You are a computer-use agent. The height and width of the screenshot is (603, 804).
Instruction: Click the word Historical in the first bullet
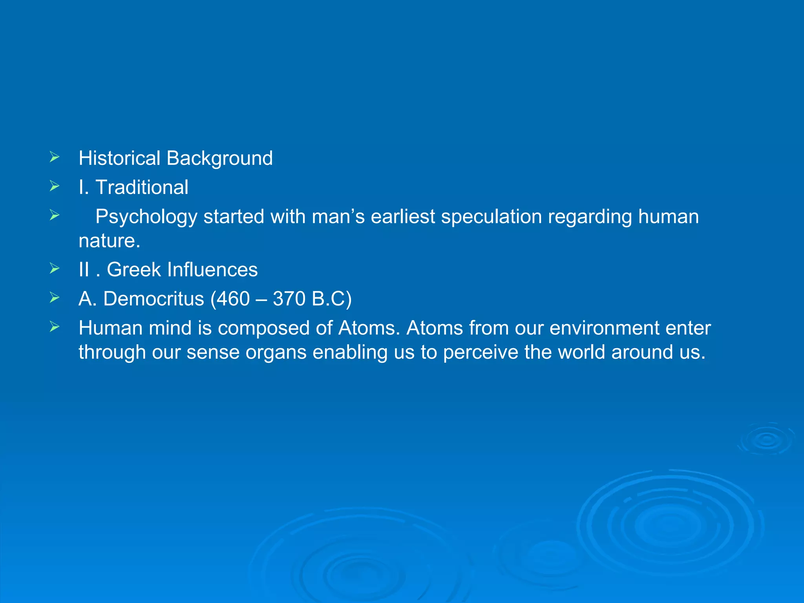point(119,158)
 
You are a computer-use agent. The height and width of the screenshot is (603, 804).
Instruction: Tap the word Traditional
point(142,187)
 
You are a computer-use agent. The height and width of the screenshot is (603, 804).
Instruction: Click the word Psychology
point(146,217)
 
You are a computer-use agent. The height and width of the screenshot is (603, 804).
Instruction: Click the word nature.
point(109,241)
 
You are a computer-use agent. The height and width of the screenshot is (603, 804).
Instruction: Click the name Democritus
point(153,299)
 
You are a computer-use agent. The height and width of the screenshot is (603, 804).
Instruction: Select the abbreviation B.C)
point(332,299)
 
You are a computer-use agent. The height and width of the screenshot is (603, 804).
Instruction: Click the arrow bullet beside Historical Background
point(55,157)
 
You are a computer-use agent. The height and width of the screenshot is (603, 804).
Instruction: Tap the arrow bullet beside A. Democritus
point(55,298)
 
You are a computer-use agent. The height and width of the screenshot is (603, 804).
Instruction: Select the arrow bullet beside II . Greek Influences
point(55,269)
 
